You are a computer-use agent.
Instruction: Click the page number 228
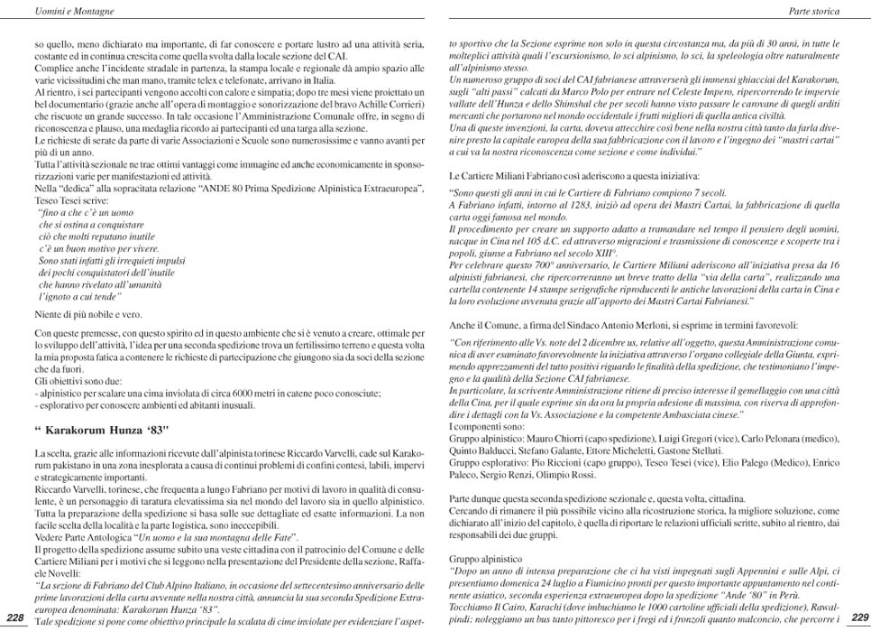(14, 617)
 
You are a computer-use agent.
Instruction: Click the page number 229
(859, 617)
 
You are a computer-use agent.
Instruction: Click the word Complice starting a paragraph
(52, 69)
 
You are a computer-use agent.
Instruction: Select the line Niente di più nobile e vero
(87, 315)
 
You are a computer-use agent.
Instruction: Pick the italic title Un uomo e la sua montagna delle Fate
(215, 536)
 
